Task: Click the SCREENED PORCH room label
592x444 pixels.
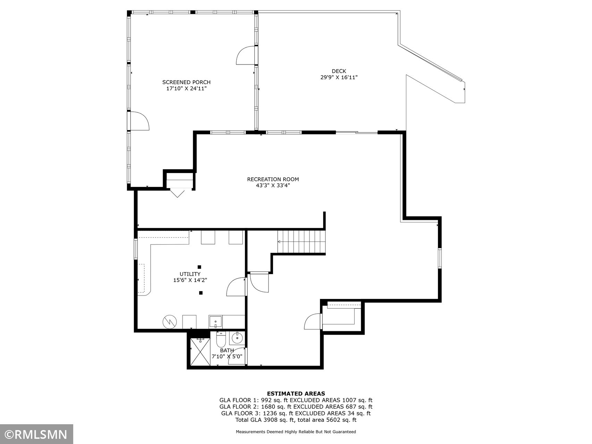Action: [x=186, y=82]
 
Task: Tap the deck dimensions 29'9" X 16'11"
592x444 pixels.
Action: [x=339, y=78]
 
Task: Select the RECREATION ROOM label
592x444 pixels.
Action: [x=273, y=179]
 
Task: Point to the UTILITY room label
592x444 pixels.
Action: [x=190, y=274]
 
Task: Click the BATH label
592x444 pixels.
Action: [x=227, y=350]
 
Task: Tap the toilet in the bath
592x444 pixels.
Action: [x=221, y=340]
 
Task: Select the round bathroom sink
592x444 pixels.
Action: [x=238, y=336]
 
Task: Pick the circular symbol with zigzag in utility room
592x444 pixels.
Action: [x=170, y=322]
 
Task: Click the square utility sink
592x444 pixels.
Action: [x=215, y=322]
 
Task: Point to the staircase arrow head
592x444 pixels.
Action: [x=279, y=242]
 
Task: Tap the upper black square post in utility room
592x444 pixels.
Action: [x=199, y=267]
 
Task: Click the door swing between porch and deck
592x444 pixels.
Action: [x=246, y=55]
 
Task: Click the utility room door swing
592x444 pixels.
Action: [x=236, y=287]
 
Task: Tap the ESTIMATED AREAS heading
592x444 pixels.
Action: [x=296, y=394]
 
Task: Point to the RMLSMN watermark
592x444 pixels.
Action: [x=36, y=434]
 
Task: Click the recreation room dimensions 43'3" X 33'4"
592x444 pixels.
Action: [x=273, y=186]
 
